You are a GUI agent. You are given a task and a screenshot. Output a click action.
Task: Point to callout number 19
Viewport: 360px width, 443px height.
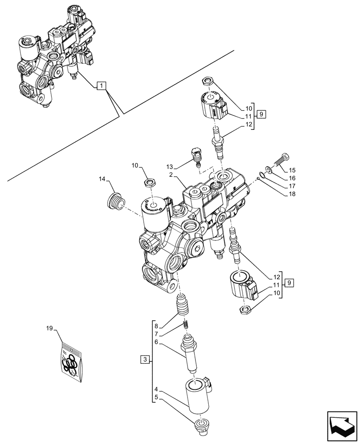50,329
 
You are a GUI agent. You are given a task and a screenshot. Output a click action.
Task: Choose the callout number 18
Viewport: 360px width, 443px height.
292,194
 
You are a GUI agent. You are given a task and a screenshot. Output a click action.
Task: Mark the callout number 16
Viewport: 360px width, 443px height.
292,178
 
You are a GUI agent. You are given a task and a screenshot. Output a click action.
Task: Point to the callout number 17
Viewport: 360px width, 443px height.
292,186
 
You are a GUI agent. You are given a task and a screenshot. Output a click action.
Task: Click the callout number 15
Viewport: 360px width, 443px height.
292,170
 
